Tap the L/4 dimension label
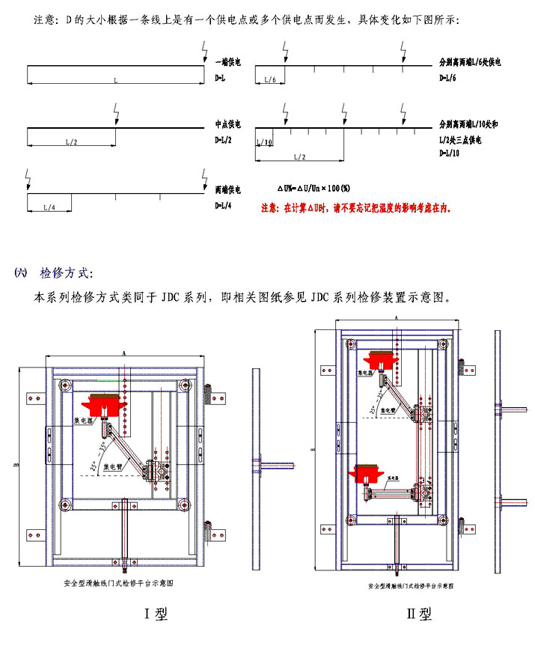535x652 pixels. [x=50, y=207]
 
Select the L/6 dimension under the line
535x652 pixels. [x=270, y=80]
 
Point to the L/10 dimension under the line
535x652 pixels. [x=264, y=142]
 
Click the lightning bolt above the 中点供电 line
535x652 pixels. [x=115, y=116]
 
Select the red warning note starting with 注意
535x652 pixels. [x=355, y=208]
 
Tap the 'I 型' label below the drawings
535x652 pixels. [x=155, y=615]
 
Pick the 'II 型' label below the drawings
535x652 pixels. [x=419, y=615]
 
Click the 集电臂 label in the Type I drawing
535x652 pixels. [x=114, y=466]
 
